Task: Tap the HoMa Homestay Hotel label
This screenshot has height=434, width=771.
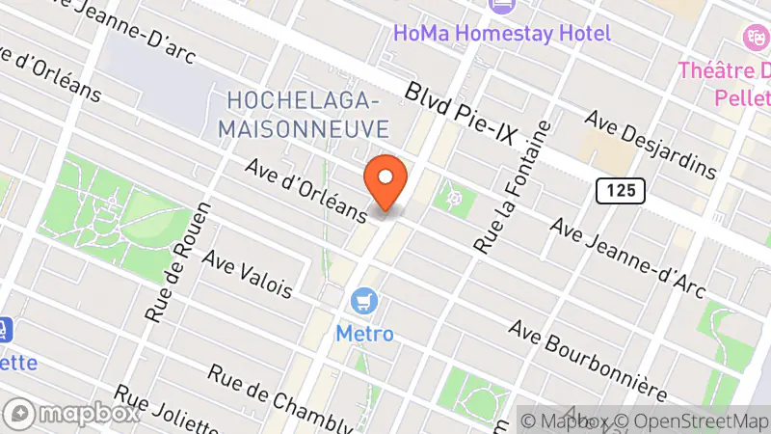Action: pyautogui.click(x=501, y=33)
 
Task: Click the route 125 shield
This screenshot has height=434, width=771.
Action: pyautogui.click(x=620, y=191)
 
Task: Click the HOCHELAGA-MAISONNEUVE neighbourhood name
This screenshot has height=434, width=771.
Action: pyautogui.click(x=306, y=114)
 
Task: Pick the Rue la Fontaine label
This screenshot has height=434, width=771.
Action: pyautogui.click(x=512, y=187)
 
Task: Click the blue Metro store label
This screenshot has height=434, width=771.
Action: pyautogui.click(x=364, y=334)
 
